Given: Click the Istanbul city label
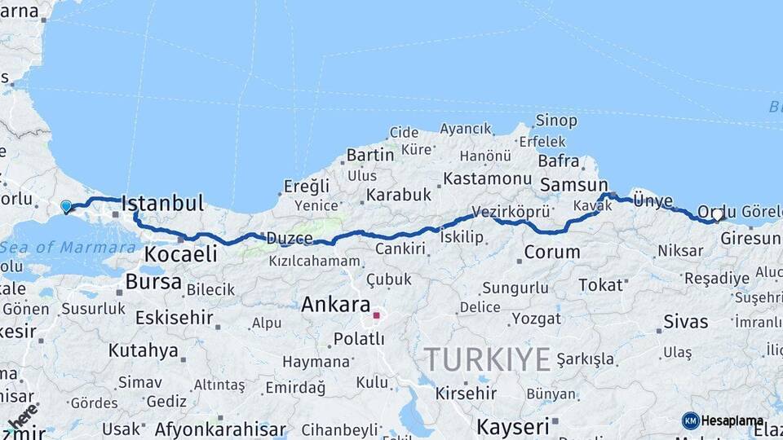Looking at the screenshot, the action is click(162, 203).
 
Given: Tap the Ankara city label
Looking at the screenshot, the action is click(335, 305).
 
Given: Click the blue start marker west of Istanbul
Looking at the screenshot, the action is click(66, 207).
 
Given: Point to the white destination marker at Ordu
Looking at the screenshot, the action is click(717, 215).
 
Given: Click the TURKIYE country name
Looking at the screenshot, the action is click(488, 359).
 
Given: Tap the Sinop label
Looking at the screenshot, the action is click(556, 121).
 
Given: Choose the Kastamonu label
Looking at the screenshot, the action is click(488, 178).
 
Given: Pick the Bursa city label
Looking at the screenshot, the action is click(153, 282).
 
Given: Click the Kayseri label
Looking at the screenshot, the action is click(512, 426).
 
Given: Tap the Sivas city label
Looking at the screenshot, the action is click(685, 321).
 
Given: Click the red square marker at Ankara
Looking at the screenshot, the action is click(376, 315).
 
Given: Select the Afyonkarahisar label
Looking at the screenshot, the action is click(220, 429).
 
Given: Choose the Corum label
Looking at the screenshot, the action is click(551, 252).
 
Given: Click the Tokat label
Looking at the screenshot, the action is click(601, 285).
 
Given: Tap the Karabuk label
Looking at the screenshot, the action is click(398, 195).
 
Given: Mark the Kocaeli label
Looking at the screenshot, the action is click(180, 254).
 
